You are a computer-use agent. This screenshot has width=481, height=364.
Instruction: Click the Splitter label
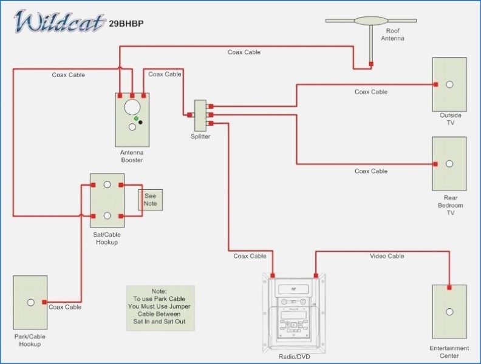coord(200,136)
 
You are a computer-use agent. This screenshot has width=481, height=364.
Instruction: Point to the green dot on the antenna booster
coord(137,118)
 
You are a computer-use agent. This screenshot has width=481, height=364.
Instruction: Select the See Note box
coord(150,200)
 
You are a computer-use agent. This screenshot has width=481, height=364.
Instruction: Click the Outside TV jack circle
coord(449,84)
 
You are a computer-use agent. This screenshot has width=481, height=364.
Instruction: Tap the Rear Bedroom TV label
coord(450,205)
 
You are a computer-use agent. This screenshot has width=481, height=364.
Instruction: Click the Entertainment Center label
coord(449,352)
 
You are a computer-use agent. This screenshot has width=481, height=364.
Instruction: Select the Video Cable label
coord(387,256)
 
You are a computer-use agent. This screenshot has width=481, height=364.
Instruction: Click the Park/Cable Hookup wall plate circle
coord(30,302)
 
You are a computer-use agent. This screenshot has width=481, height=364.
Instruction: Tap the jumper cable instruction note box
coord(160,308)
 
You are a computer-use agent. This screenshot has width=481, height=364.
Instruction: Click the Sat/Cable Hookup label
coord(107,238)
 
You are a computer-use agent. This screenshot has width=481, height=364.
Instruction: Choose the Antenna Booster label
coord(132,156)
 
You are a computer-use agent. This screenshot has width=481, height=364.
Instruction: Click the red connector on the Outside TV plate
coord(435,84)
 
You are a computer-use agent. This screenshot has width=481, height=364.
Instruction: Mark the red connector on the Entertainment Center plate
coord(449,288)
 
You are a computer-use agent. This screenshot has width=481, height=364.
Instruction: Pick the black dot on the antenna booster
coord(141,123)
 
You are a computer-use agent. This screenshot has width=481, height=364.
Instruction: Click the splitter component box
coord(200,115)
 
